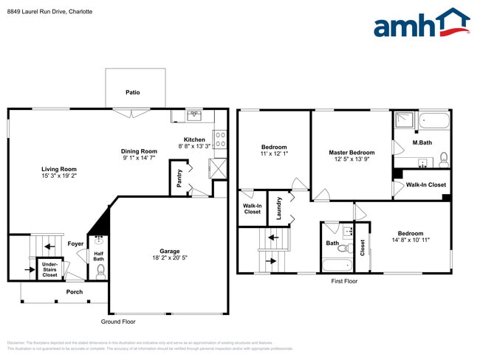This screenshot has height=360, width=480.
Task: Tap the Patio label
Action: pos(132,92)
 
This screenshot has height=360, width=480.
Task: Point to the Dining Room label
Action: pos(139,151)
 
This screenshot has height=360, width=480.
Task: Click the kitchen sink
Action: pos(194,115)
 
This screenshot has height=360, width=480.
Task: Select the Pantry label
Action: pos(179,179)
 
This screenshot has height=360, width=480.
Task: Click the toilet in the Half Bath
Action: pos(100,272)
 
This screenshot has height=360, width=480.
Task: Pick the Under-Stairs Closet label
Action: pos(49,269)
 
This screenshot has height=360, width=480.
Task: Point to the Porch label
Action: pos(75,292)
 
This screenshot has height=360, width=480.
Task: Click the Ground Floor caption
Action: pos(118,322)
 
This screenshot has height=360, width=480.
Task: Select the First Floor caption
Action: pos(343,281)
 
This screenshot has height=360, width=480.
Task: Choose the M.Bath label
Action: pos(422,142)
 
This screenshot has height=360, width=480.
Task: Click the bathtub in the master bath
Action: pos(434,120)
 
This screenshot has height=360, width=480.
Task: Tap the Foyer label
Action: pos(75,243)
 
